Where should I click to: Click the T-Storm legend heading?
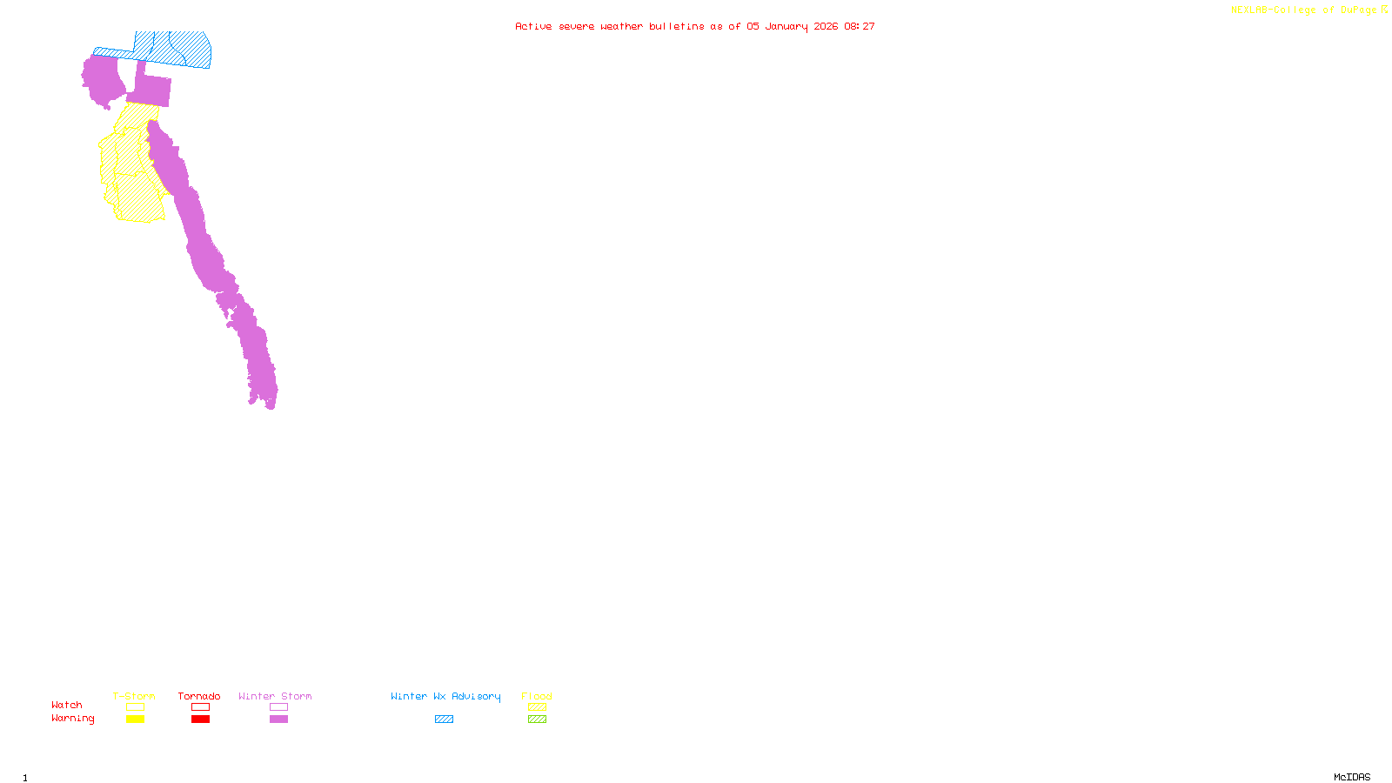(134, 696)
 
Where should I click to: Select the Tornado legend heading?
(199, 696)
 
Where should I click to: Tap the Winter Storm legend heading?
(275, 696)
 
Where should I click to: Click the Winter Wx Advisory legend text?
(445, 696)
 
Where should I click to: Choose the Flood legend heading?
(537, 696)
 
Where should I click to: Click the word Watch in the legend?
(67, 705)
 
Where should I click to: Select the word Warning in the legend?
(72, 719)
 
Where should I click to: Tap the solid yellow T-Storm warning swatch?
(135, 719)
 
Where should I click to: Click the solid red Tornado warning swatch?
(200, 719)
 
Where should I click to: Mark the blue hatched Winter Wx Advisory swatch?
(444, 719)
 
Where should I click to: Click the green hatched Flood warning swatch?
(537, 719)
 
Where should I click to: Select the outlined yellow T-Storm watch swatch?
(135, 707)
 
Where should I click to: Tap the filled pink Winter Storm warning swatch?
(278, 719)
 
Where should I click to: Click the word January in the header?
(786, 26)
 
